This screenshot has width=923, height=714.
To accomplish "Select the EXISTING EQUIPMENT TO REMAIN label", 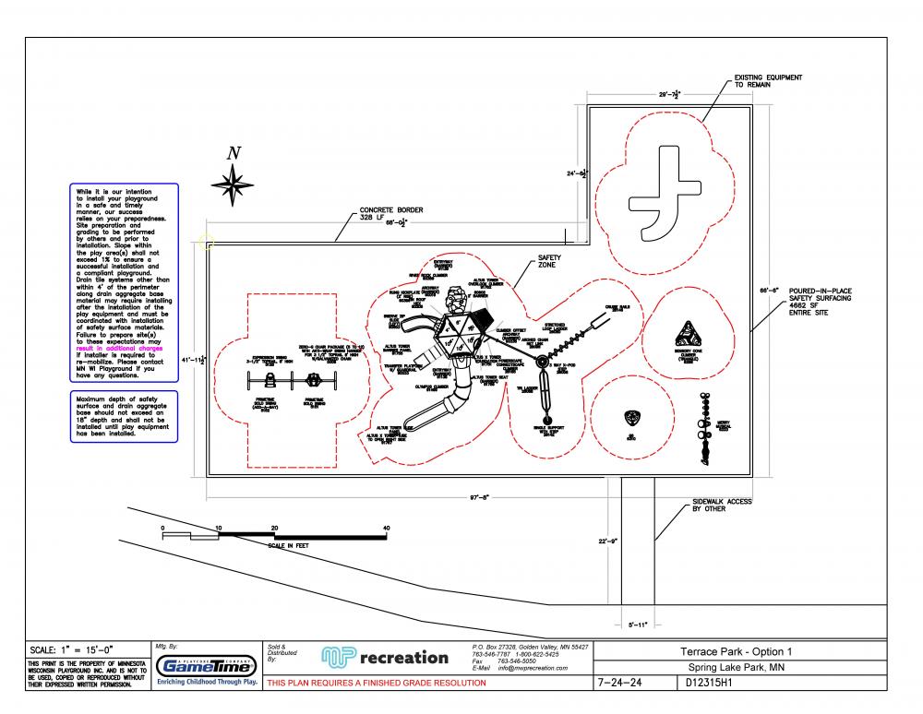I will [768, 80].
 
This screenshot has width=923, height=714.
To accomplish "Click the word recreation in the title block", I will [404, 658].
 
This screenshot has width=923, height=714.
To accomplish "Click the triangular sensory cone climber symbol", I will [687, 333].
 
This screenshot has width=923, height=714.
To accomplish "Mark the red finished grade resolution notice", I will [376, 684].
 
